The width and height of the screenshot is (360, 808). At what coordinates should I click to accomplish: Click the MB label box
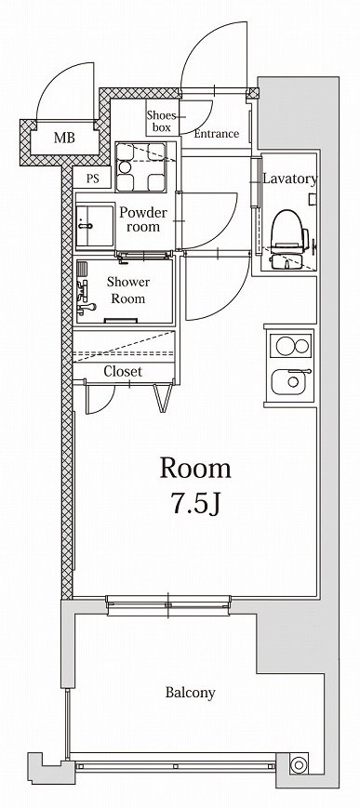(x=64, y=139)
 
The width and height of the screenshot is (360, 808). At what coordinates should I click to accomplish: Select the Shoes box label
(x=160, y=121)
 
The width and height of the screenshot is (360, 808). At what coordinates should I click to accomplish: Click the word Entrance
(x=216, y=134)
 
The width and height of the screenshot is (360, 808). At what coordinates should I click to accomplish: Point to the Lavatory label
(x=289, y=179)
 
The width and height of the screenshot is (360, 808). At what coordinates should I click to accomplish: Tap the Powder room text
(x=142, y=219)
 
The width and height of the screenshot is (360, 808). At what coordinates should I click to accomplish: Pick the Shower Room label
(x=128, y=289)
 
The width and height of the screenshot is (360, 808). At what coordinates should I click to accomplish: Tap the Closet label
(x=123, y=371)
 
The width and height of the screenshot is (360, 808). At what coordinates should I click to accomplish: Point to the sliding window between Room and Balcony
(x=168, y=604)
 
